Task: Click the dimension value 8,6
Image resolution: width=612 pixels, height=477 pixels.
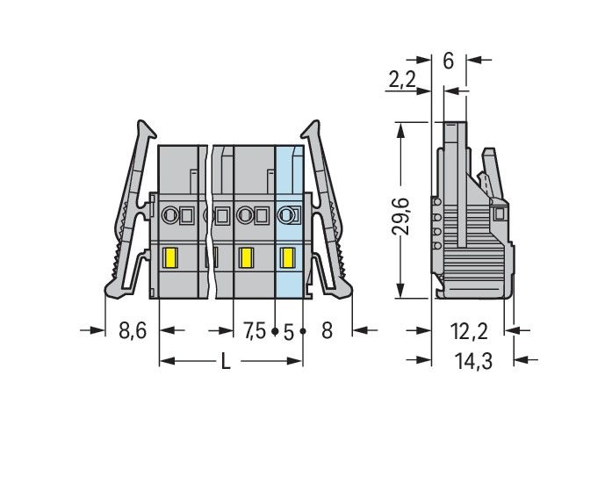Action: [x=133, y=331]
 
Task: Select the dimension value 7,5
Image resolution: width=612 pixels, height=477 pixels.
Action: [x=254, y=331]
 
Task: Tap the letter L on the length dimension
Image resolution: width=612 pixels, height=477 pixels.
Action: [x=226, y=362]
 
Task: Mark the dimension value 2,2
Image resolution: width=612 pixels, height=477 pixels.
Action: [x=401, y=81]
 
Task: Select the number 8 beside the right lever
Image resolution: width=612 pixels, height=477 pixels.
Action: [x=328, y=331]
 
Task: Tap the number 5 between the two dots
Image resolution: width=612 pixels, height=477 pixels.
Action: [x=288, y=331]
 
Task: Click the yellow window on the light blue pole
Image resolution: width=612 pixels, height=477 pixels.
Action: [x=286, y=257]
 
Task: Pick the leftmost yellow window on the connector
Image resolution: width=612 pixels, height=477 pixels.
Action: [x=172, y=257]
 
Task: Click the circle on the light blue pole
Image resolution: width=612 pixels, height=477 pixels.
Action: [x=285, y=214]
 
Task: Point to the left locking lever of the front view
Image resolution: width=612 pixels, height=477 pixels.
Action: [x=130, y=211]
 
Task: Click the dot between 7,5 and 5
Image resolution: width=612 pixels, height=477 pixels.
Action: [x=275, y=332]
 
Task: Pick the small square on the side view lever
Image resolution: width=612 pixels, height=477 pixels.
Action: [x=500, y=213]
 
